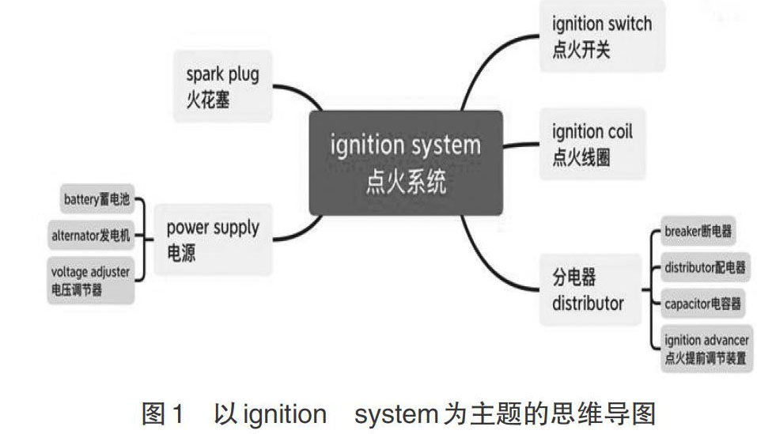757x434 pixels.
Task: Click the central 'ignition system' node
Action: pos(405,163)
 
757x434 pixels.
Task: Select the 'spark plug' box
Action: pos(222,87)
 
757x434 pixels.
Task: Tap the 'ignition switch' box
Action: pos(602,36)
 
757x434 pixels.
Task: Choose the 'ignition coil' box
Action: pos(592,144)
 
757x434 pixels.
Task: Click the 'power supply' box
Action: pos(213,240)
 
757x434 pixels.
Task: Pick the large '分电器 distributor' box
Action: pos(589,289)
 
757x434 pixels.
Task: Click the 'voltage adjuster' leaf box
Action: pos(89,280)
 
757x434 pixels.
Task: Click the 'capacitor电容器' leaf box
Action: pos(702,302)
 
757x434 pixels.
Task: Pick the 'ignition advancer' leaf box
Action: pos(706,348)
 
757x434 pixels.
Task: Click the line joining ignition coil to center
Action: pos(522,145)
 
